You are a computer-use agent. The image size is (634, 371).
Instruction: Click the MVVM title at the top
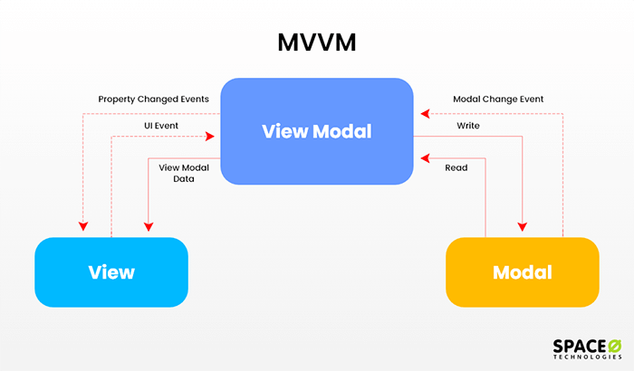(316, 43)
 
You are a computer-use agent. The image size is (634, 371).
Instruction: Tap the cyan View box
(111, 271)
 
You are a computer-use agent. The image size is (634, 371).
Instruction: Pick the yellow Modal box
(522, 271)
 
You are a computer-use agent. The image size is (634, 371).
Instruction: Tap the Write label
(468, 125)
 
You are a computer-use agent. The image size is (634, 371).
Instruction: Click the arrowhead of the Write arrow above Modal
(523, 226)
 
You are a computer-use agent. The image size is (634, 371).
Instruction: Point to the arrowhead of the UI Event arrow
(210, 137)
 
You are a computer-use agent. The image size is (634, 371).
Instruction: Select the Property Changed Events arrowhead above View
(83, 226)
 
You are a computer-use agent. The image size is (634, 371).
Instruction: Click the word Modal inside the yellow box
(523, 271)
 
